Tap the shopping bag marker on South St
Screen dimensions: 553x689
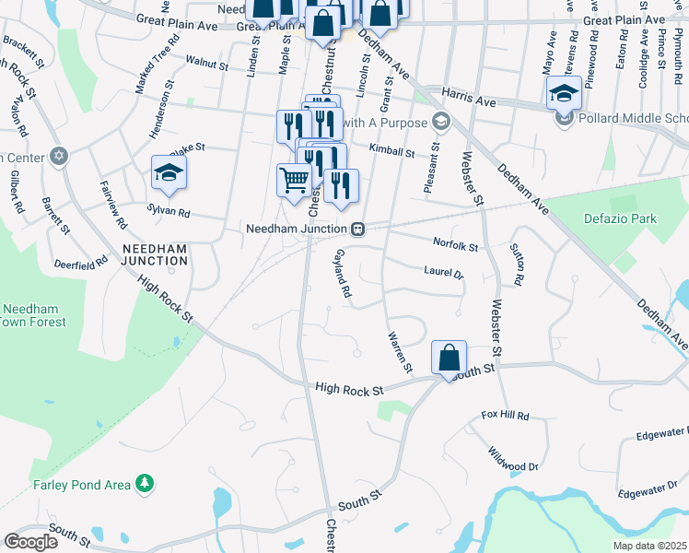coord(449,358)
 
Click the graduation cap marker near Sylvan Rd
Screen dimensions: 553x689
coord(169,172)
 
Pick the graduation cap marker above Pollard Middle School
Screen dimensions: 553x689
coord(564,92)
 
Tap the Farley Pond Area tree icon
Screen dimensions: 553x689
coord(144,482)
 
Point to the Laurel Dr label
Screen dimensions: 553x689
coord(443,273)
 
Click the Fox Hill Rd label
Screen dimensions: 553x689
coord(505,417)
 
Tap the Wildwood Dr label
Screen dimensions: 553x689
coord(514,459)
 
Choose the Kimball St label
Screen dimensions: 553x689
coord(392,149)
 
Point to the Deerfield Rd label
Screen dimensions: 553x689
coord(80,265)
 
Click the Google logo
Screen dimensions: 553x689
coord(30,542)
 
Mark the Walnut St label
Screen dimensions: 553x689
coord(206,65)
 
